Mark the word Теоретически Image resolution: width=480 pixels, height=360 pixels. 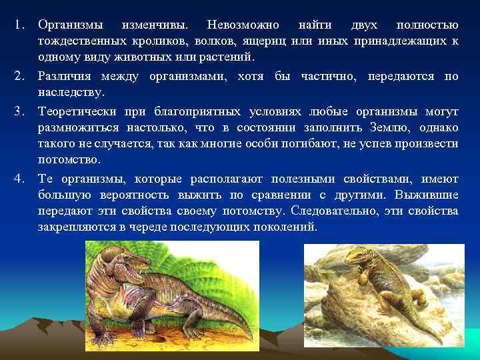point(78,110)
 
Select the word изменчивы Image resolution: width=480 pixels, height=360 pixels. point(155,25)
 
